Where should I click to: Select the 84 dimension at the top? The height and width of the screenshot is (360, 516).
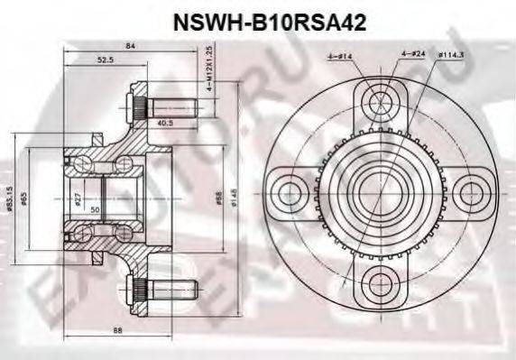130,47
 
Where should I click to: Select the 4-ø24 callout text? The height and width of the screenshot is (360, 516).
413,59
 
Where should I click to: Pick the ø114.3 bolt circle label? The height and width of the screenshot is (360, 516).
476,59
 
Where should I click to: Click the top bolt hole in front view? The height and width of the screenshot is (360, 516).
373,97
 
